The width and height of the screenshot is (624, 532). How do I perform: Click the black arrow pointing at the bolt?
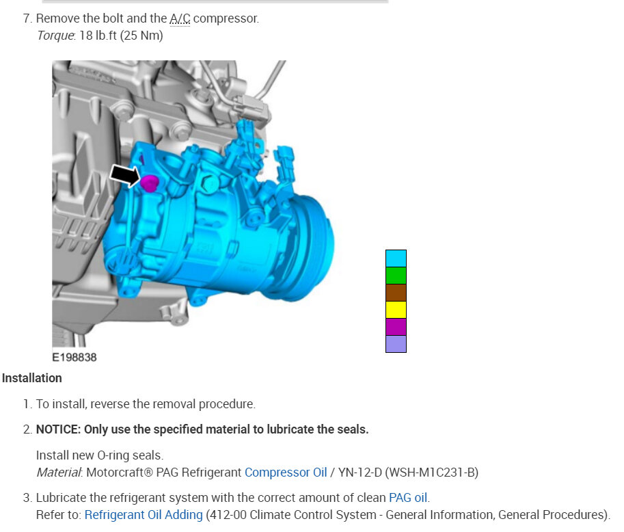(x=125, y=176)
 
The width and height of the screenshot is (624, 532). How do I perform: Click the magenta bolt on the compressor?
(x=150, y=183)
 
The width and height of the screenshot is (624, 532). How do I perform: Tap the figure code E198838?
(x=74, y=357)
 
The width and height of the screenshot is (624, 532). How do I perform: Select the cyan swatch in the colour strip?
(x=396, y=258)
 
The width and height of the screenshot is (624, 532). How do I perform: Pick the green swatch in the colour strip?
(x=396, y=276)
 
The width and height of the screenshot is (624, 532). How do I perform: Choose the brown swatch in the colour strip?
(x=396, y=293)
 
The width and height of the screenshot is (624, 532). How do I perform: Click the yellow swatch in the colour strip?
(x=396, y=310)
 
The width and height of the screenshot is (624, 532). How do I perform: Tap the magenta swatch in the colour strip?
(x=396, y=327)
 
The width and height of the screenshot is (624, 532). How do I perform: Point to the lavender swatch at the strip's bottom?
(x=396, y=344)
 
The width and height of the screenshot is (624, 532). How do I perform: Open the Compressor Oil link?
(x=286, y=473)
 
